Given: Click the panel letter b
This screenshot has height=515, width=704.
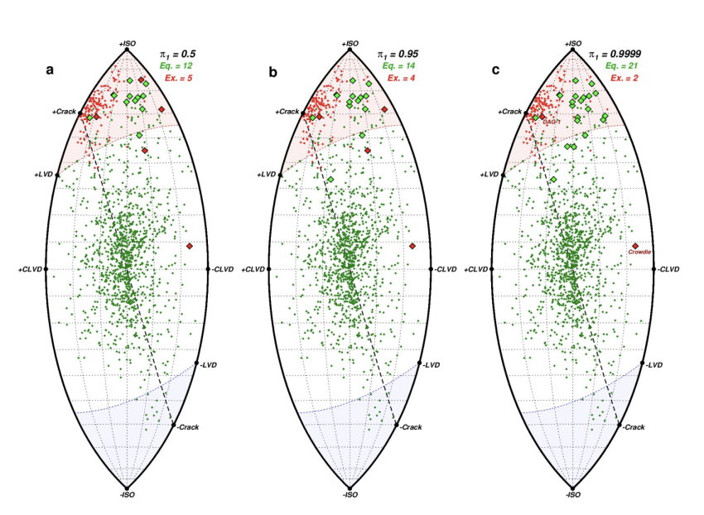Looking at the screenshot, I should tap(274, 71).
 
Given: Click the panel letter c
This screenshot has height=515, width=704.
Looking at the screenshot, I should tap(495, 70).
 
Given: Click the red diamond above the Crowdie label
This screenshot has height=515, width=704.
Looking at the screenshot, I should tap(635, 246).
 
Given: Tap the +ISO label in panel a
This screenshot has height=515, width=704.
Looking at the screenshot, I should tap(126, 43).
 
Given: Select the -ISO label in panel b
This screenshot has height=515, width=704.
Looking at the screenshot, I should tap(349, 494).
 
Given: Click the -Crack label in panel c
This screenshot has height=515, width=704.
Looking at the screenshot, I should tap(634, 426).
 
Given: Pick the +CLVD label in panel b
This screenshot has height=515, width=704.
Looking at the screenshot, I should tap(254, 270).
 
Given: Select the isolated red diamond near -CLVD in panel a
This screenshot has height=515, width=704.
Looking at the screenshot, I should tap(190, 246).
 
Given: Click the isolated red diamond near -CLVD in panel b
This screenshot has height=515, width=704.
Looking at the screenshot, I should tap(412, 246).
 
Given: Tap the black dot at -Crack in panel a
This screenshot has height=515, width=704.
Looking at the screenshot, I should tap(175, 426).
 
